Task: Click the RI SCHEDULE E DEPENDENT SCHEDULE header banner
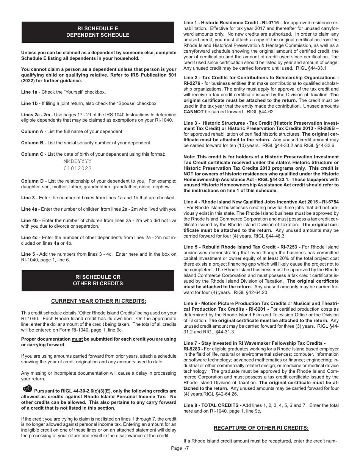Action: tap(98, 32)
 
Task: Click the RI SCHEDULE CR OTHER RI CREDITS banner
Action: tap(98, 280)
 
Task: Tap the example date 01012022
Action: tap(78, 169)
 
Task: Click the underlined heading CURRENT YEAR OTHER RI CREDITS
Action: tap(99, 301)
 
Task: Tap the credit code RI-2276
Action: tap(194, 83)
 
